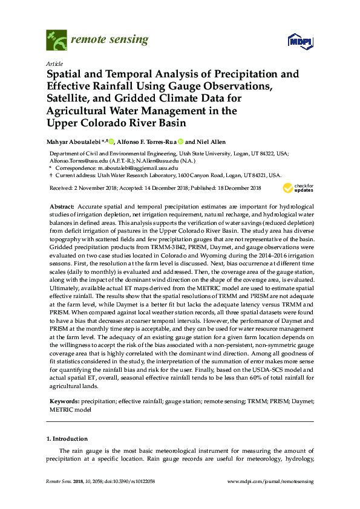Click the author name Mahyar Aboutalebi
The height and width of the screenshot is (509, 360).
(x=76, y=141)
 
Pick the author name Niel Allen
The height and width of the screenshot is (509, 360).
(x=212, y=141)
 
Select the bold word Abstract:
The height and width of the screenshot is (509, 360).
(x=62, y=207)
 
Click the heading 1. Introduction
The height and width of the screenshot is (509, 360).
(x=67, y=439)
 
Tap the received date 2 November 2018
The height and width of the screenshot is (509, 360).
(x=98, y=189)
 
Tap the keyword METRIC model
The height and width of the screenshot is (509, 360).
(x=69, y=409)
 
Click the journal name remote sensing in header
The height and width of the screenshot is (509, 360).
(x=109, y=41)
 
